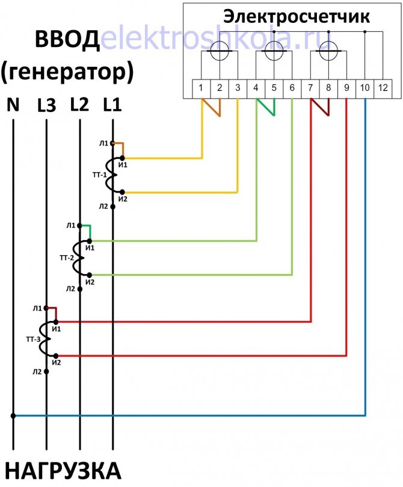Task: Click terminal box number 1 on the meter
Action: point(201,89)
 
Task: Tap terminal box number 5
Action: point(274,89)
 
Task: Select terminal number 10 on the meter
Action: point(365,89)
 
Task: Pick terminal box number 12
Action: point(383,89)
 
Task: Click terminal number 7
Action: point(310,89)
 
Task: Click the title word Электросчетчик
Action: point(297,17)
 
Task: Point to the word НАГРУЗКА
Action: point(63,471)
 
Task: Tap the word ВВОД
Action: point(67,40)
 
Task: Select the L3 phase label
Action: point(46,105)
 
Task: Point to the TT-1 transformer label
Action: point(100,175)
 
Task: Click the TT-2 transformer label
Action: point(67,258)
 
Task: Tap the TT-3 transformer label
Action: point(33,339)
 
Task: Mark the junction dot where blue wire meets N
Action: point(13,415)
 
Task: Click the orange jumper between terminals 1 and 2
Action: point(211,108)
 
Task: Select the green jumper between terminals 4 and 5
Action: point(266,107)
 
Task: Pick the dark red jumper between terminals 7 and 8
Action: point(320,107)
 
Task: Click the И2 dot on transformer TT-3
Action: point(56,356)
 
